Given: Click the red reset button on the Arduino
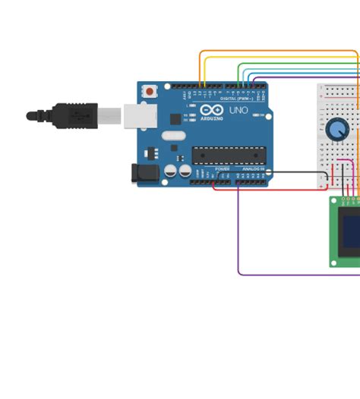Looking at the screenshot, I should pos(150,91).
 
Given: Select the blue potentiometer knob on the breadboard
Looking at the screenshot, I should pos(338,129).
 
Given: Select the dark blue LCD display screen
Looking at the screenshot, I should pos(351,235).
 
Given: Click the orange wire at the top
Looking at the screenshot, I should pos(273,52).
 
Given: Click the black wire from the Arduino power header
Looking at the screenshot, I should pos(273,171).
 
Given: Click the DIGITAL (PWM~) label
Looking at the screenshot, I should pos(236,99).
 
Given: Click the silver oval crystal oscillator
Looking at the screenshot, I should pos(173,137).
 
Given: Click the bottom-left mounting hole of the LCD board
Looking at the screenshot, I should pos(334,262).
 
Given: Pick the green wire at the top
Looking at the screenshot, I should pos(296,64).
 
